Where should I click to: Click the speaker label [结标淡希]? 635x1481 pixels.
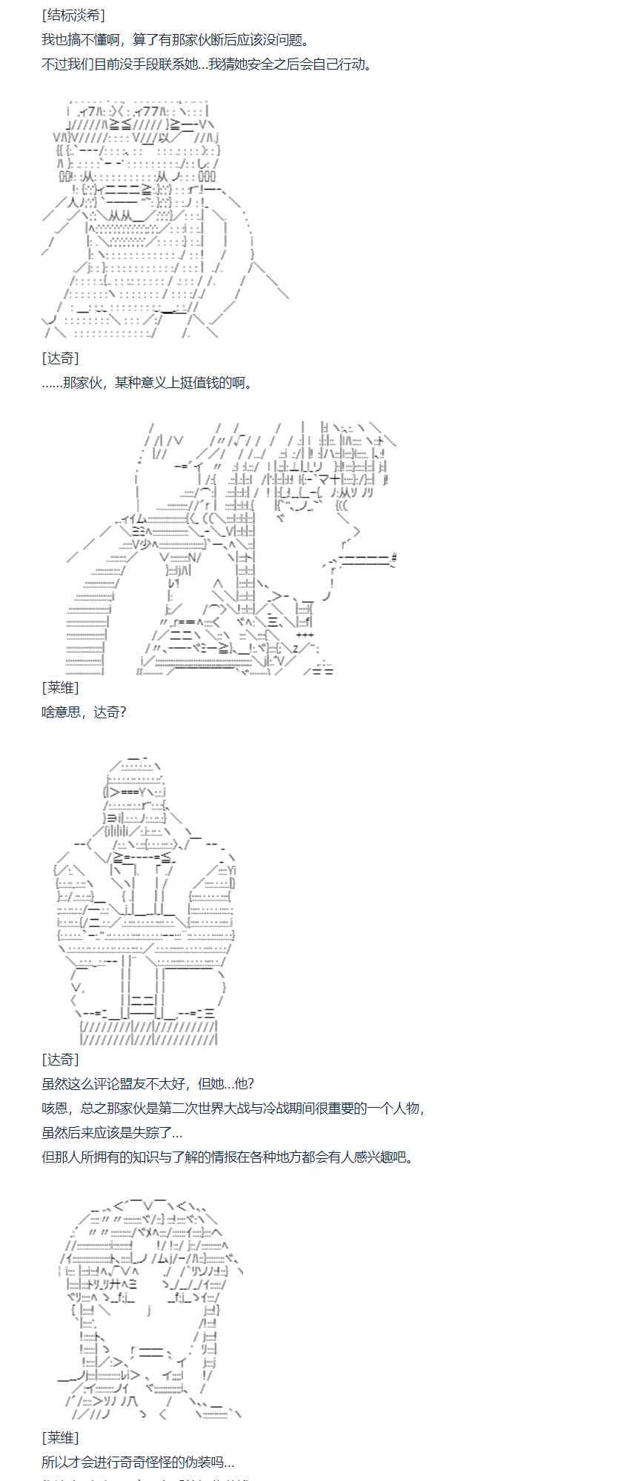[x=73, y=16]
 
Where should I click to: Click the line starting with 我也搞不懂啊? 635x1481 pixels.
[x=175, y=40]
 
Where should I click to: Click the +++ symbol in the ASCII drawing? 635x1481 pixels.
[x=305, y=635]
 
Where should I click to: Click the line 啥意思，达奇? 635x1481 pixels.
[x=84, y=712]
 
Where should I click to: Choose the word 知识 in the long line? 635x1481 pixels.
[x=138, y=1157]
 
